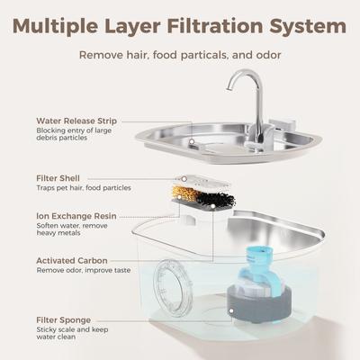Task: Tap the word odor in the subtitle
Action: [x=265, y=55]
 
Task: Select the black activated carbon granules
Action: [x=213, y=195]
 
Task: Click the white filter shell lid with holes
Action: [x=202, y=181]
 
